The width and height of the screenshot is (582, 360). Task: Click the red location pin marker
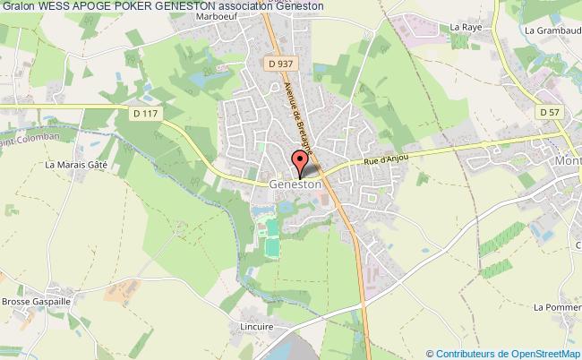[x=298, y=162]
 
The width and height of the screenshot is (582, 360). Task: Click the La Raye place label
[x=466, y=28]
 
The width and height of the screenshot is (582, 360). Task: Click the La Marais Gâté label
[x=76, y=165]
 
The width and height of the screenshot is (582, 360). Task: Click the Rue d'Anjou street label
[x=387, y=159]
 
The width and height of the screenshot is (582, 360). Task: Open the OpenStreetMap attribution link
[x=504, y=353]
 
